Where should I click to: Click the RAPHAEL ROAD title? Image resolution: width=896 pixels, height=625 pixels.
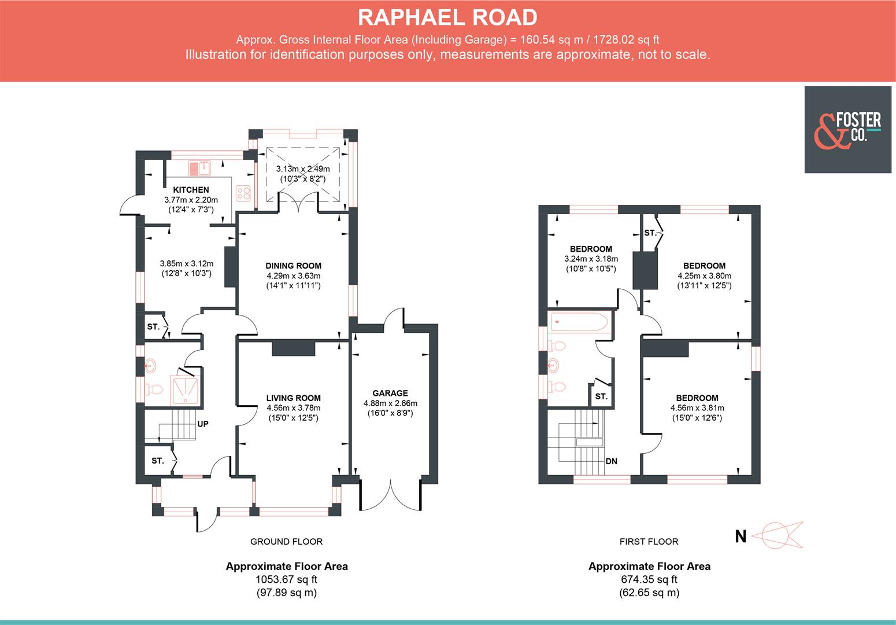tap(447, 18)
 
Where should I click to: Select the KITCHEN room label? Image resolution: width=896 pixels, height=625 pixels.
tap(191, 190)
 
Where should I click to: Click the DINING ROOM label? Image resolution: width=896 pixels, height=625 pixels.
tap(294, 266)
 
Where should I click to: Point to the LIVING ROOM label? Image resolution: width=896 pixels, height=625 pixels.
tap(293, 398)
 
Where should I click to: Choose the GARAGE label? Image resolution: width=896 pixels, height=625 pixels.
tap(390, 394)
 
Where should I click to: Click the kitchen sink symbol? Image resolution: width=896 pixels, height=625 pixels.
tap(199, 168)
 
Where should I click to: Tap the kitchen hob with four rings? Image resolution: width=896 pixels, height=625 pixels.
tap(244, 192)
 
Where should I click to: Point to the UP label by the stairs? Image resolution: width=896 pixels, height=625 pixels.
tap(203, 424)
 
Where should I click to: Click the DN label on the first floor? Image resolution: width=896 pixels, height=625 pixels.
tap(612, 462)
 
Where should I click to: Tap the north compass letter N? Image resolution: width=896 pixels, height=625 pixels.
tap(741, 536)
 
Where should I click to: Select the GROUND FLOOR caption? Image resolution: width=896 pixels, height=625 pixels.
tap(286, 542)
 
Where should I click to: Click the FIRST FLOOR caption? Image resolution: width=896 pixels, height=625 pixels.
tap(649, 542)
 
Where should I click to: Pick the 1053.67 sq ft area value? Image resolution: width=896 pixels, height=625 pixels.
tap(286, 579)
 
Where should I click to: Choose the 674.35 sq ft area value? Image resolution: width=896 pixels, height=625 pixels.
tap(649, 579)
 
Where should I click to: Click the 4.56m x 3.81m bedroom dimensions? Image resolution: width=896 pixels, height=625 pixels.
tap(697, 408)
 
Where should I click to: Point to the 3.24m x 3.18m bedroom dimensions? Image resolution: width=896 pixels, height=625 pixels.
tap(591, 259)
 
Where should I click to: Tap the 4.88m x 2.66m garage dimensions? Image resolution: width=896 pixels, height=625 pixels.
tap(390, 403)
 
